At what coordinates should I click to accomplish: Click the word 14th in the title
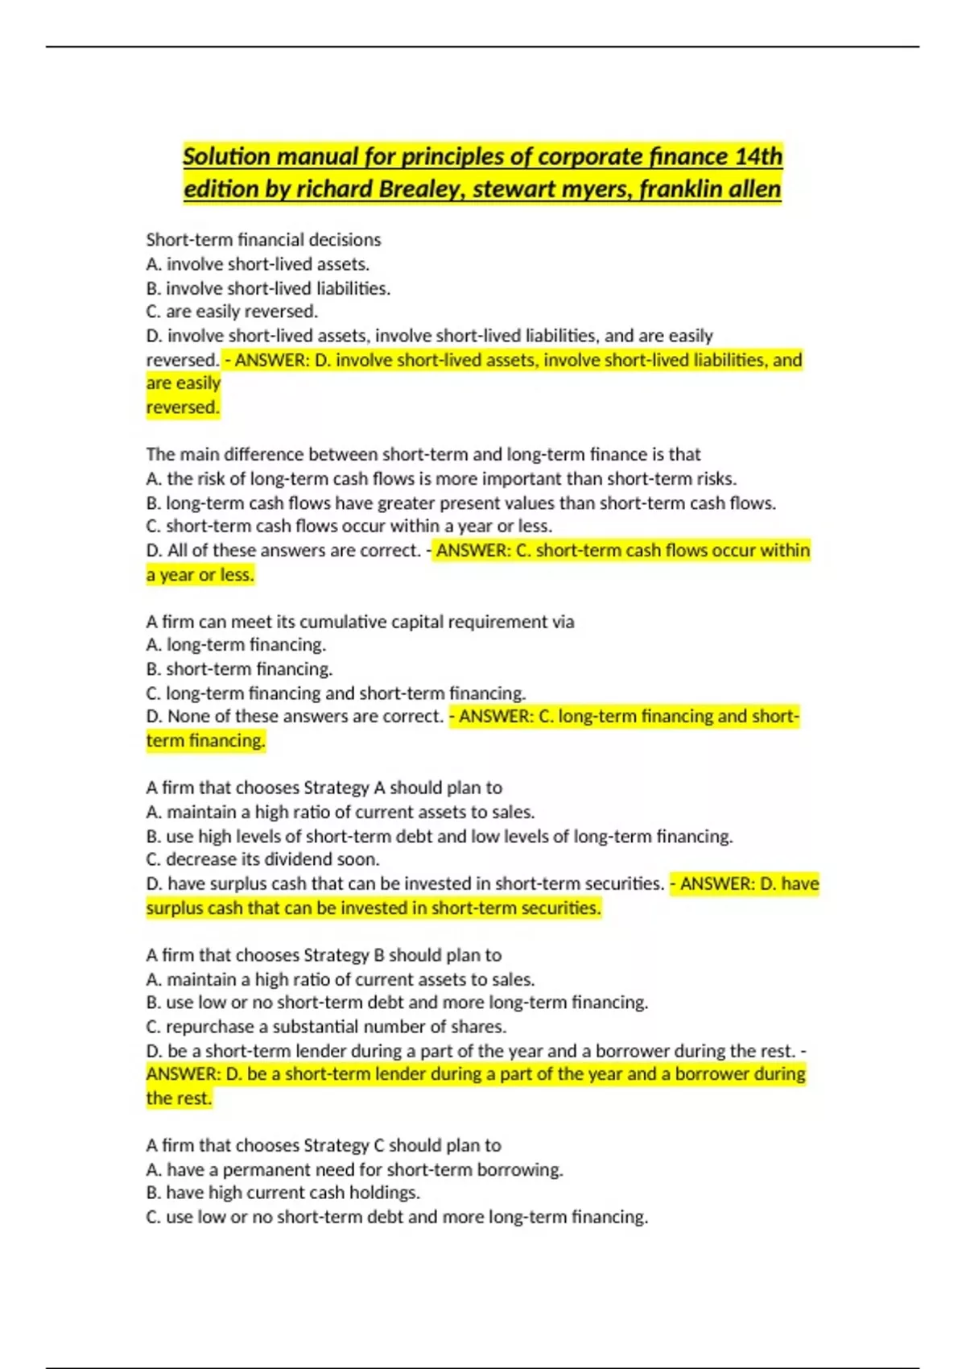(758, 156)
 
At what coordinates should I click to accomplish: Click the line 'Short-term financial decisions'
(263, 240)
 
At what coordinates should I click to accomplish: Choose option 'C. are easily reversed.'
(232, 312)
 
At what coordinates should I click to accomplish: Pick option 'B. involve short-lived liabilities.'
(268, 288)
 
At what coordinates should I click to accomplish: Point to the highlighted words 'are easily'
(183, 383)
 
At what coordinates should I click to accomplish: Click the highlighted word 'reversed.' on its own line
(183, 407)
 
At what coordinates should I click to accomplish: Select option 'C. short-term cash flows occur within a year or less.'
(349, 526)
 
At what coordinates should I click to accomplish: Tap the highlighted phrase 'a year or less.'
(200, 575)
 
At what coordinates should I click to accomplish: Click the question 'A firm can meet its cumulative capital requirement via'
(360, 622)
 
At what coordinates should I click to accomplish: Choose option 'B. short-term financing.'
(239, 669)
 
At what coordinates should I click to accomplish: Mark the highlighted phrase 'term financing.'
(205, 741)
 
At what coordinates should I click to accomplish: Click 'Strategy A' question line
(324, 788)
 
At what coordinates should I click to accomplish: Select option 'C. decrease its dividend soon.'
(262, 859)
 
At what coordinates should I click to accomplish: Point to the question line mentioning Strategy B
(324, 955)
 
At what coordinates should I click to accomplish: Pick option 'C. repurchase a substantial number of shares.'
(326, 1027)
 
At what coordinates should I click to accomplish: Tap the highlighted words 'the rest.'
(179, 1098)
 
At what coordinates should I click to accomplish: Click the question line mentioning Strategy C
(324, 1145)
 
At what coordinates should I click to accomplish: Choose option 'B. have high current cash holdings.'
(283, 1193)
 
